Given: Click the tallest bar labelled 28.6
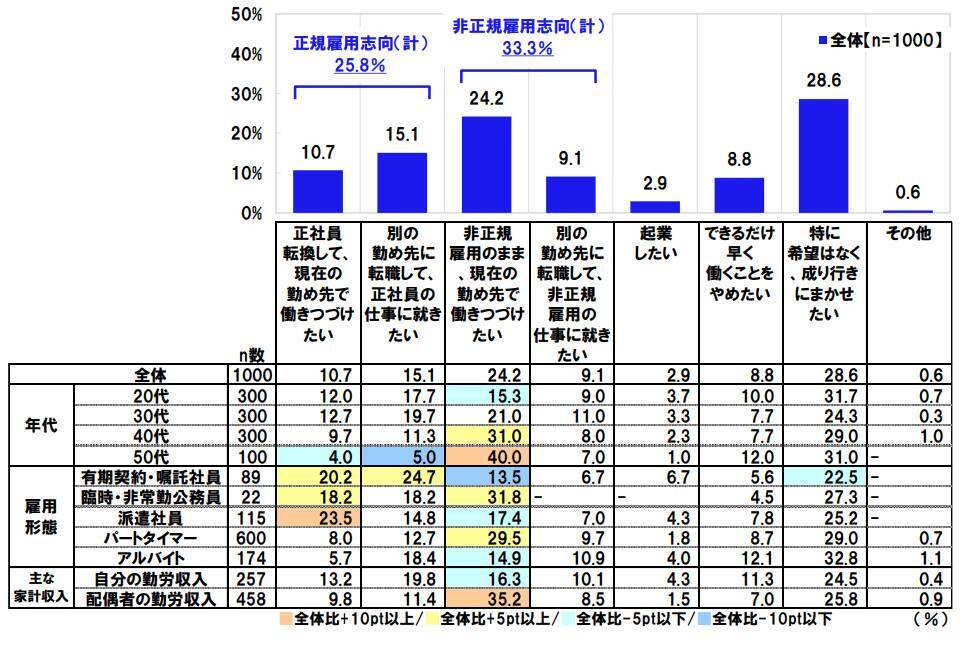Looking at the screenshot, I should pos(823,156).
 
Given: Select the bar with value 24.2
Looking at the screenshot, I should pos(486,165).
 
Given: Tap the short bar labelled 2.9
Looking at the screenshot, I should pos(655,207).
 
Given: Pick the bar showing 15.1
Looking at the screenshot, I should pos(402,183).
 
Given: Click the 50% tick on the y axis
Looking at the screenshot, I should pos(246,15).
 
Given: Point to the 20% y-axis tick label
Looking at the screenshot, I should pos(246,134).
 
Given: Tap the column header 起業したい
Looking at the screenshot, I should pos(655,244).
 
